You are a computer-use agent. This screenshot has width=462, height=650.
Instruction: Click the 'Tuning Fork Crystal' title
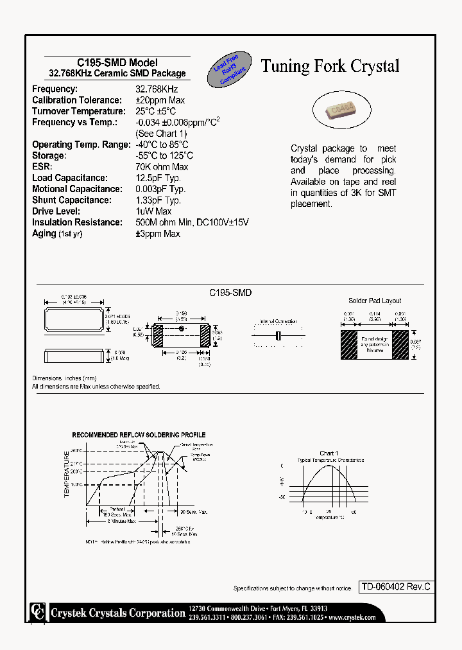(330, 66)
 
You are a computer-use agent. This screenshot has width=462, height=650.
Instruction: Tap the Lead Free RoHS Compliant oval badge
(230, 71)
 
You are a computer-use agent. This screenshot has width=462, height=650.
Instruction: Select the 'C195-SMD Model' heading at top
(117, 62)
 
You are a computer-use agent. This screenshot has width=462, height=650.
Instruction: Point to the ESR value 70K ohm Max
(162, 167)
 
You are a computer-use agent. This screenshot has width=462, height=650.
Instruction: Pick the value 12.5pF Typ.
(158, 178)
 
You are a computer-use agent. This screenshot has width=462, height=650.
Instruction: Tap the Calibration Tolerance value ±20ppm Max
(160, 100)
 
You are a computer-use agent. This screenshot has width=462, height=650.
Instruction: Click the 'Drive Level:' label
(56, 211)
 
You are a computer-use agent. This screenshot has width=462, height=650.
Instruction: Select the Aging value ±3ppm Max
(157, 234)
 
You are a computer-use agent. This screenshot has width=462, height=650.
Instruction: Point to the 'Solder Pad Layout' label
(375, 301)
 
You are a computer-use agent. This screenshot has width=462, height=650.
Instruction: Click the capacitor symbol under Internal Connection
(278, 336)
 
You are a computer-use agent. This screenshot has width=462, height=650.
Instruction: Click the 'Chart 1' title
(329, 453)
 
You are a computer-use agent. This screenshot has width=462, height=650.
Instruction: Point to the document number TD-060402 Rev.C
(395, 586)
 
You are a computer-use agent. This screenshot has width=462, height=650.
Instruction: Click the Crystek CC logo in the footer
(38, 611)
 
